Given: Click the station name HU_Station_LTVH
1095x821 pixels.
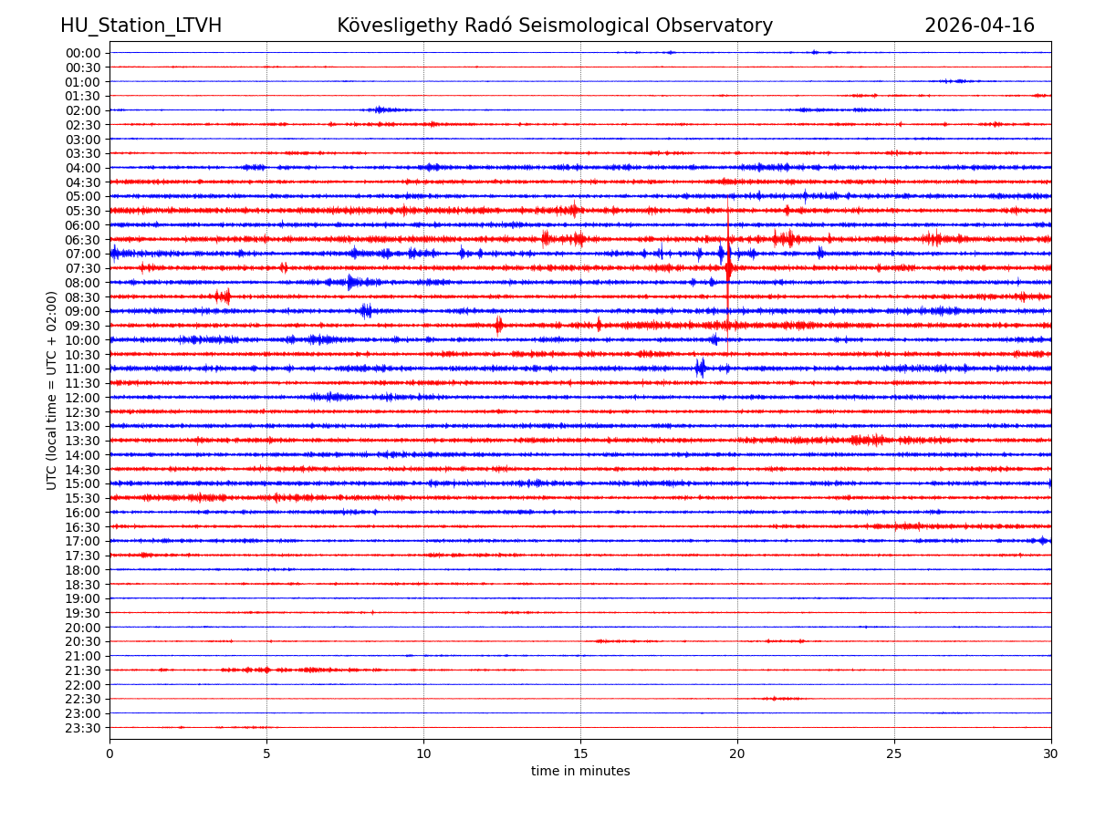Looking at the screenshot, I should [141, 26].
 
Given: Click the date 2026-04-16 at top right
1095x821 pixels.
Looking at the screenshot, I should [979, 26].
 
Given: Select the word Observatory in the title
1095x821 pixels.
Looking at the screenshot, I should [721, 26].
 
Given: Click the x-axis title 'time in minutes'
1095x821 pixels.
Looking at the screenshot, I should [580, 772].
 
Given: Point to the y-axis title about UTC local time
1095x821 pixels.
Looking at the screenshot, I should [53, 390].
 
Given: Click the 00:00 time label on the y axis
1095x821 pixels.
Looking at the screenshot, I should [83, 53].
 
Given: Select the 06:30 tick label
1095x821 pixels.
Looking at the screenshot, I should [83, 240].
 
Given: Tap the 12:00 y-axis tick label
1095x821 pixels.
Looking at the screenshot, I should [83, 398].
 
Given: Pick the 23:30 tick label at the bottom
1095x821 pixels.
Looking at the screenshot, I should [83, 728].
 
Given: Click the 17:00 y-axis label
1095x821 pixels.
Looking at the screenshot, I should [83, 541].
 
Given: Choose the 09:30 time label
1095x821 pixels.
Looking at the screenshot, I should [83, 326].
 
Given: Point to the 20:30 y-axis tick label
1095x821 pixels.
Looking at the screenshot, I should [83, 642].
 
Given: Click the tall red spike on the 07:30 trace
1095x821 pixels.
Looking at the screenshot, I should [728, 266].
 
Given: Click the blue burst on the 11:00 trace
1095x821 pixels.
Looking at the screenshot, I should [700, 369].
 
